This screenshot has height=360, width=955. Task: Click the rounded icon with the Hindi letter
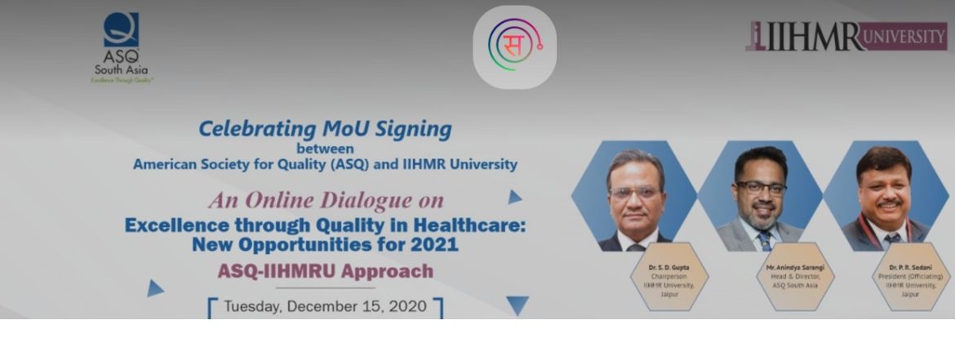click(514, 47)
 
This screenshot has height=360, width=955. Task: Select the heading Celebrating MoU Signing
click(325, 128)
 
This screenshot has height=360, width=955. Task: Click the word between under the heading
click(325, 149)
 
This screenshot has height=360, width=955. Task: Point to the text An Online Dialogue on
click(326, 200)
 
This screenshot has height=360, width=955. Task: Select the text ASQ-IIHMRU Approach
click(325, 270)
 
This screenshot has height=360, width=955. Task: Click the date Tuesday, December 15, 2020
click(325, 307)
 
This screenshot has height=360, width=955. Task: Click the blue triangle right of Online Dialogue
click(514, 197)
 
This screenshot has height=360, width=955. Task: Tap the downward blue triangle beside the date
click(516, 305)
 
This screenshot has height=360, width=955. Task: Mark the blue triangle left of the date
click(154, 288)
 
